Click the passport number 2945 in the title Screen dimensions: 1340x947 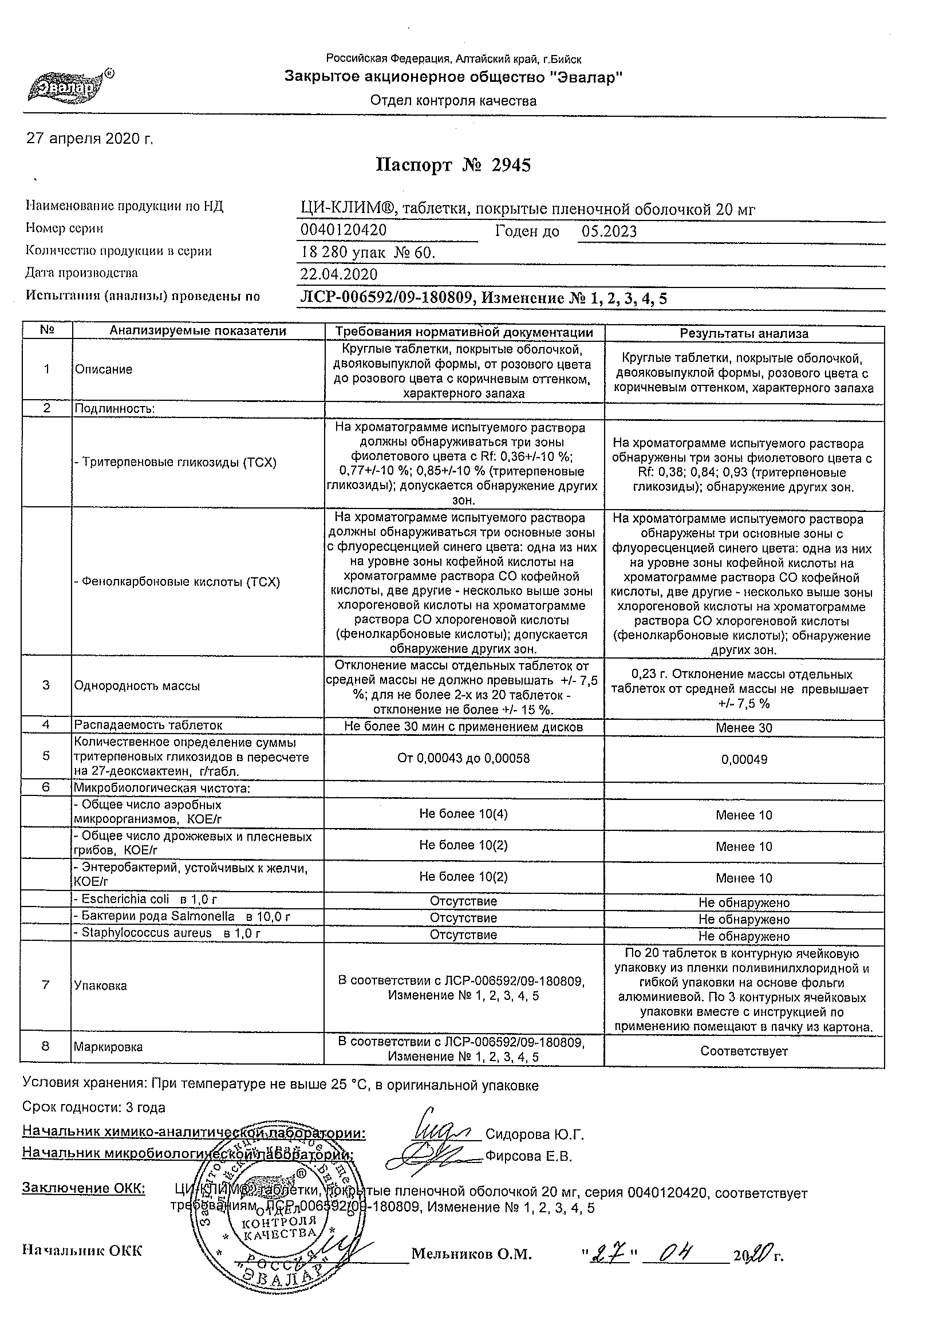[511, 165]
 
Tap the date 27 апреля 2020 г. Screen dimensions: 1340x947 [90, 139]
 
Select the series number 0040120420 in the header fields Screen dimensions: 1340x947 [343, 230]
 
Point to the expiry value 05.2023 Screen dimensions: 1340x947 [609, 232]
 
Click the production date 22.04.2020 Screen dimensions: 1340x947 [338, 274]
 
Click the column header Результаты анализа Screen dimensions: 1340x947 [744, 333]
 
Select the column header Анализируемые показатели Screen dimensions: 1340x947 [198, 331]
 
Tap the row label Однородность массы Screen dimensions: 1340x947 [137, 687]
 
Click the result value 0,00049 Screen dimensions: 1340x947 [744, 759]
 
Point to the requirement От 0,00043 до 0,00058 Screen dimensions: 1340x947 [463, 758]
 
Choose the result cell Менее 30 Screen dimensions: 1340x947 [744, 728]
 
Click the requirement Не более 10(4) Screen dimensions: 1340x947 [463, 814]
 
